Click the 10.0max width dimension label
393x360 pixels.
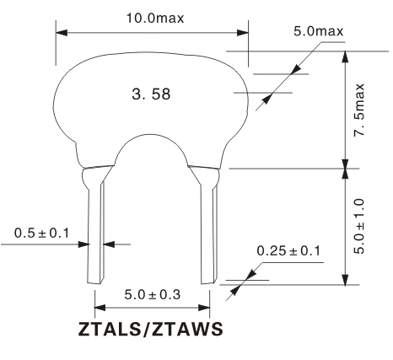click(155, 19)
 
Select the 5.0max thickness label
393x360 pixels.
click(319, 31)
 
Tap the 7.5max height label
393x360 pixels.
click(359, 110)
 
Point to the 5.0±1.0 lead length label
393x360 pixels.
click(359, 227)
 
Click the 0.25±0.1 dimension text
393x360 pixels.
click(288, 250)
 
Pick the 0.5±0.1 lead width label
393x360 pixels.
click(41, 233)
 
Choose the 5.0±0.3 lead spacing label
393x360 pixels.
click(153, 295)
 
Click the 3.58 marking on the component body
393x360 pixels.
click(151, 94)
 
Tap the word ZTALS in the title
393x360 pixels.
click(109, 329)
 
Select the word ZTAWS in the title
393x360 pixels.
click(187, 329)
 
